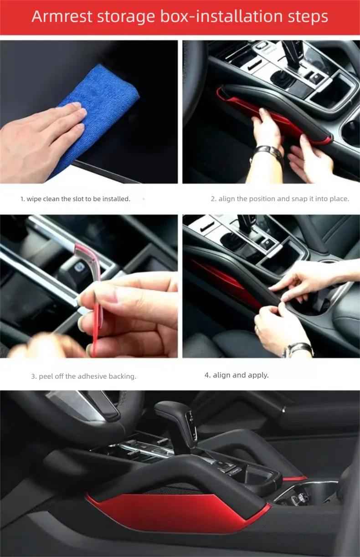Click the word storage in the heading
pyautogui.click(x=126, y=17)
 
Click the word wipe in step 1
pyautogui.click(x=34, y=199)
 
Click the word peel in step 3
pyautogui.click(x=46, y=376)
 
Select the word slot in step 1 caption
pyautogui.click(x=78, y=199)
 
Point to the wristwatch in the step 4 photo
pyautogui.click(x=298, y=349)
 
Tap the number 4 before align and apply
pyautogui.click(x=207, y=375)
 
